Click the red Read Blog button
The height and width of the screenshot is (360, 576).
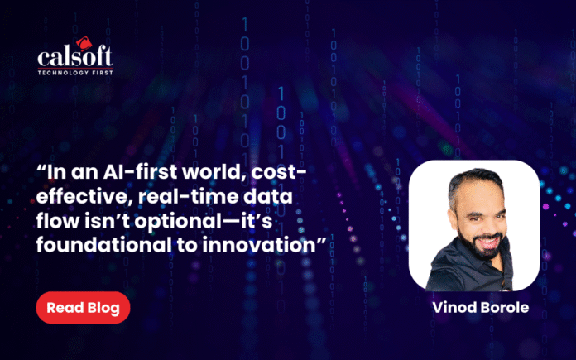(83, 308)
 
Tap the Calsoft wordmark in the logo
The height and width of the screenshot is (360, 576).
(75, 56)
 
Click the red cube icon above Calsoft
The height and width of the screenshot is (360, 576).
(84, 42)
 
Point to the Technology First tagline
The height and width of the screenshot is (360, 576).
(75, 72)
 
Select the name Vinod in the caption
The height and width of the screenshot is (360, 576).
(454, 308)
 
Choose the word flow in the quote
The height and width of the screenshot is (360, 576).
(55, 221)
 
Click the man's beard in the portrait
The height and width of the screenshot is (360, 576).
(484, 246)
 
